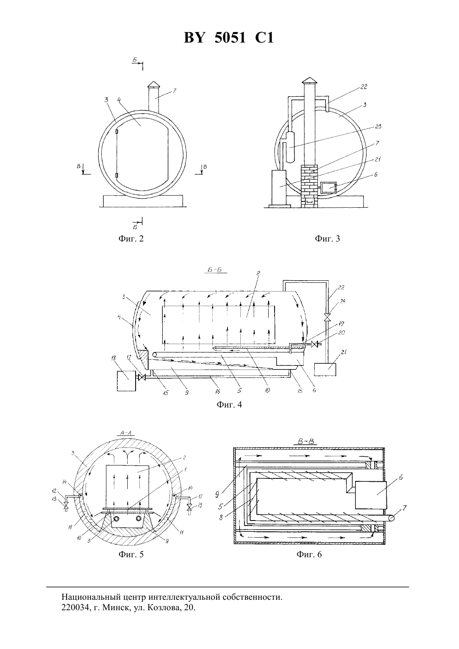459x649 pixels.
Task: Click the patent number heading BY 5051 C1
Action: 229,38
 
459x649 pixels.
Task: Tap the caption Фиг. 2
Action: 131,239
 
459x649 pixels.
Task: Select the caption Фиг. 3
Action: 328,239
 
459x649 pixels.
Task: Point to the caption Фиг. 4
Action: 229,405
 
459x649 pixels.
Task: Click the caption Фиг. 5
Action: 131,554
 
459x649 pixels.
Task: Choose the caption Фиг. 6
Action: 309,554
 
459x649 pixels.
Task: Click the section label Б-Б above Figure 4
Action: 215,270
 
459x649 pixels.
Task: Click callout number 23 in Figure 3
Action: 378,127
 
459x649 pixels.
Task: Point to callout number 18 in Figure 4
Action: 114,358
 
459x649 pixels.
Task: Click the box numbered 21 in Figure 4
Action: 325,370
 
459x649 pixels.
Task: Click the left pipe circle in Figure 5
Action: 118,518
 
